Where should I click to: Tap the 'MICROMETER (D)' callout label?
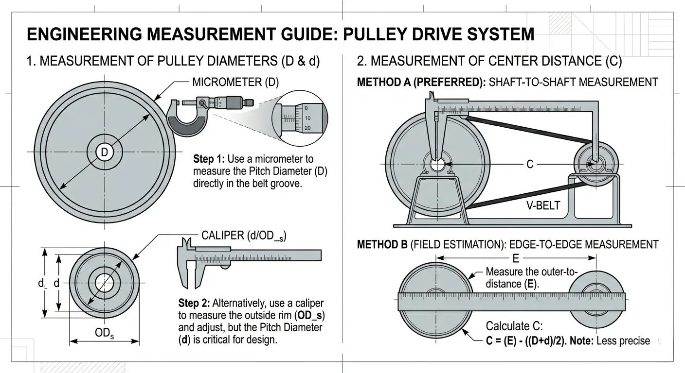tap(235, 82)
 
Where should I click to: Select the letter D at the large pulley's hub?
tap(104, 152)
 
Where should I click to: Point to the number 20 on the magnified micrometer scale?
tap(307, 128)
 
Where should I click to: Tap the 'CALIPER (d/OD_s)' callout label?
tap(243, 236)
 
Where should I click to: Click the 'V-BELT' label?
tap(543, 205)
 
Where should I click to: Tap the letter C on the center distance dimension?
tap(530, 164)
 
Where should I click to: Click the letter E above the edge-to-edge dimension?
tap(517, 258)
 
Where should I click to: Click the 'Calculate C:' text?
tap(514, 326)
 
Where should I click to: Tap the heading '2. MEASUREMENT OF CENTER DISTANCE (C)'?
tap(489, 62)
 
